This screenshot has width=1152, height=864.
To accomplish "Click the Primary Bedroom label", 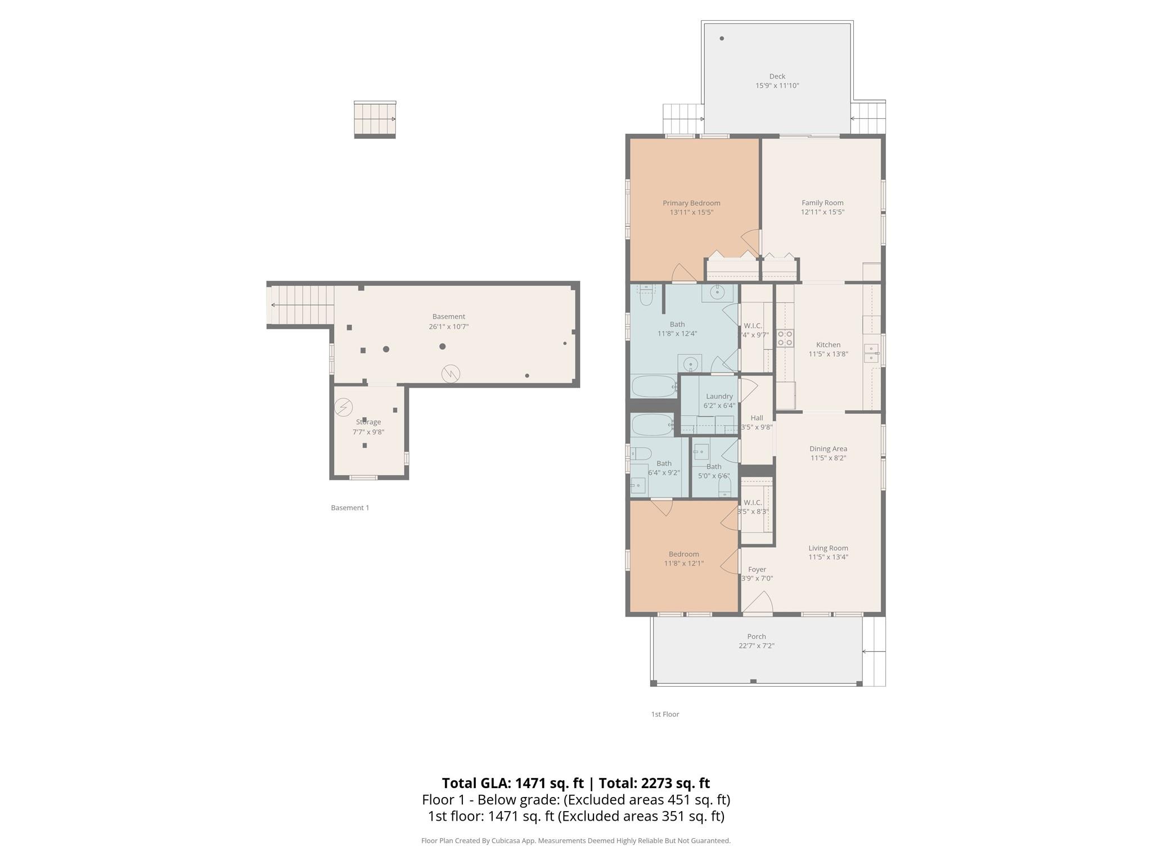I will [691, 203].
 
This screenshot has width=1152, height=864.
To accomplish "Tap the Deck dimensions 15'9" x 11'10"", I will [777, 86].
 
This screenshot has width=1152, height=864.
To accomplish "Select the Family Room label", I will [822, 203].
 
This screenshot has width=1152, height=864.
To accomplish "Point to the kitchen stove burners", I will [785, 337].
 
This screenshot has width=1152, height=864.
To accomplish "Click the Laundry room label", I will [719, 397].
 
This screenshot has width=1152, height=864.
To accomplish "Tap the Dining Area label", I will [828, 449].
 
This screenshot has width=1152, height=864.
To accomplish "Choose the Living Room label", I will [828, 548].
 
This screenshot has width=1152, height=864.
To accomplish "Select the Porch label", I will [757, 637].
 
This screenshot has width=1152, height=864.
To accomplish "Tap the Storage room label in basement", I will [368, 422].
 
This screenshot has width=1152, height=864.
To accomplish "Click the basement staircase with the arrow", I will [301, 305].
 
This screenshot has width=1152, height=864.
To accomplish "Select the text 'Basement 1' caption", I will [350, 508].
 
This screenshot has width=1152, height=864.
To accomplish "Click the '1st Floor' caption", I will [665, 714].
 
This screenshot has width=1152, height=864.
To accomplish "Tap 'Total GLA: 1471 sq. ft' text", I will [512, 783].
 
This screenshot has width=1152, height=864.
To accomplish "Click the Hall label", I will [757, 418].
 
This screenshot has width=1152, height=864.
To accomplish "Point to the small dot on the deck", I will [722, 39].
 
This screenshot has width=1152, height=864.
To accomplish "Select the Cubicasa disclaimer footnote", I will [575, 841].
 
